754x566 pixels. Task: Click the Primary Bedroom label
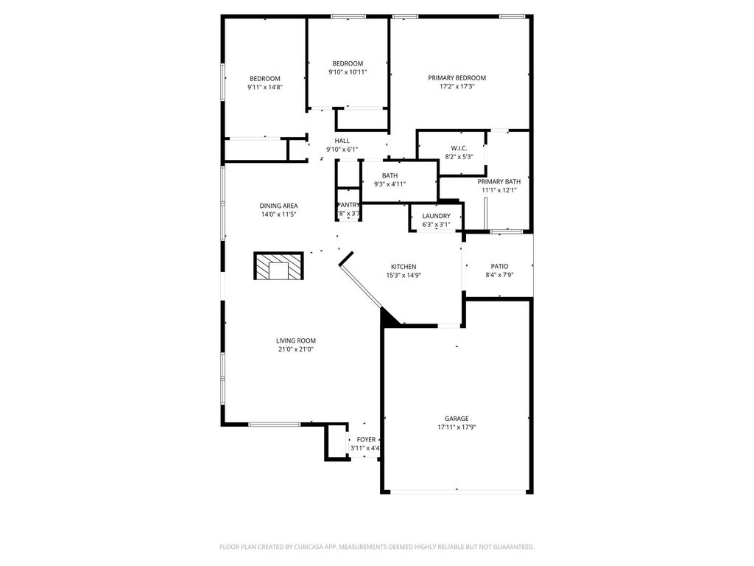point(457,77)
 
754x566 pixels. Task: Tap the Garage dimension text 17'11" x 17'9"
point(457,427)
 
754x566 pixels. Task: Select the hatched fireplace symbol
point(278,266)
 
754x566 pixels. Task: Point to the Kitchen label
point(404,267)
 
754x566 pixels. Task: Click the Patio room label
point(499,266)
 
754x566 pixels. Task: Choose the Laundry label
point(436,216)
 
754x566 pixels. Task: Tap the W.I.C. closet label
point(459,148)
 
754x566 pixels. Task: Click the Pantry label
point(348,205)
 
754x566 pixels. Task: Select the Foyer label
point(366,439)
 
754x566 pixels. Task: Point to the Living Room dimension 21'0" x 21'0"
point(296,349)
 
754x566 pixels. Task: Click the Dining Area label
point(278,206)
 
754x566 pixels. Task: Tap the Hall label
point(342,141)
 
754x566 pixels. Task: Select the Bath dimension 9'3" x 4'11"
point(390,184)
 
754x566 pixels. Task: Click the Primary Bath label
point(499,181)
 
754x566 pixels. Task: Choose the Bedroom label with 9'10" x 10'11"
point(348,63)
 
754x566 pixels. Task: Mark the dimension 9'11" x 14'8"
point(265,87)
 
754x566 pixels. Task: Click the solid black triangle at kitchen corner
point(388,318)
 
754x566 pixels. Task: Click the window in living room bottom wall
point(274,424)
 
